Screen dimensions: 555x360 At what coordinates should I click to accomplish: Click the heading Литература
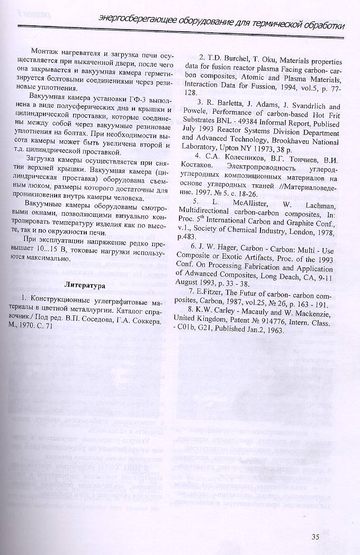(85, 286)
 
